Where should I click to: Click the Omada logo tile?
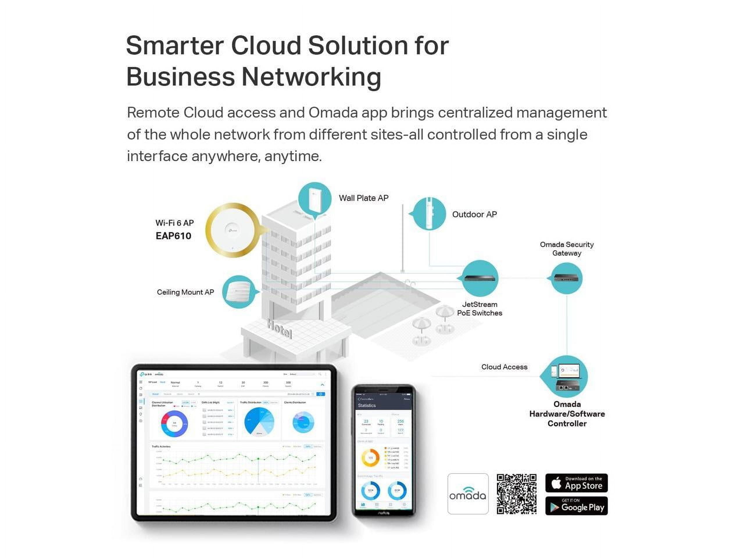point(468,494)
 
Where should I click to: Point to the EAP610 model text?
point(173,236)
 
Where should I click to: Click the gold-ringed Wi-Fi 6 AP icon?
point(233,230)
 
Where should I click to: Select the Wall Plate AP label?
point(363,198)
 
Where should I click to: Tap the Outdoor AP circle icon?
point(429,214)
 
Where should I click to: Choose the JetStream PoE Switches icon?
point(480,278)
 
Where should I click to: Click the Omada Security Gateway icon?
point(567,278)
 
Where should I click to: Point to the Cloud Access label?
point(504,367)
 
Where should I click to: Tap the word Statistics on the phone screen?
point(366,406)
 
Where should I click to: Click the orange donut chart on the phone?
point(370,458)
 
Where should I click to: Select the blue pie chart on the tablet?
point(259,422)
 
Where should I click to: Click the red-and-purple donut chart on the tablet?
point(174,423)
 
